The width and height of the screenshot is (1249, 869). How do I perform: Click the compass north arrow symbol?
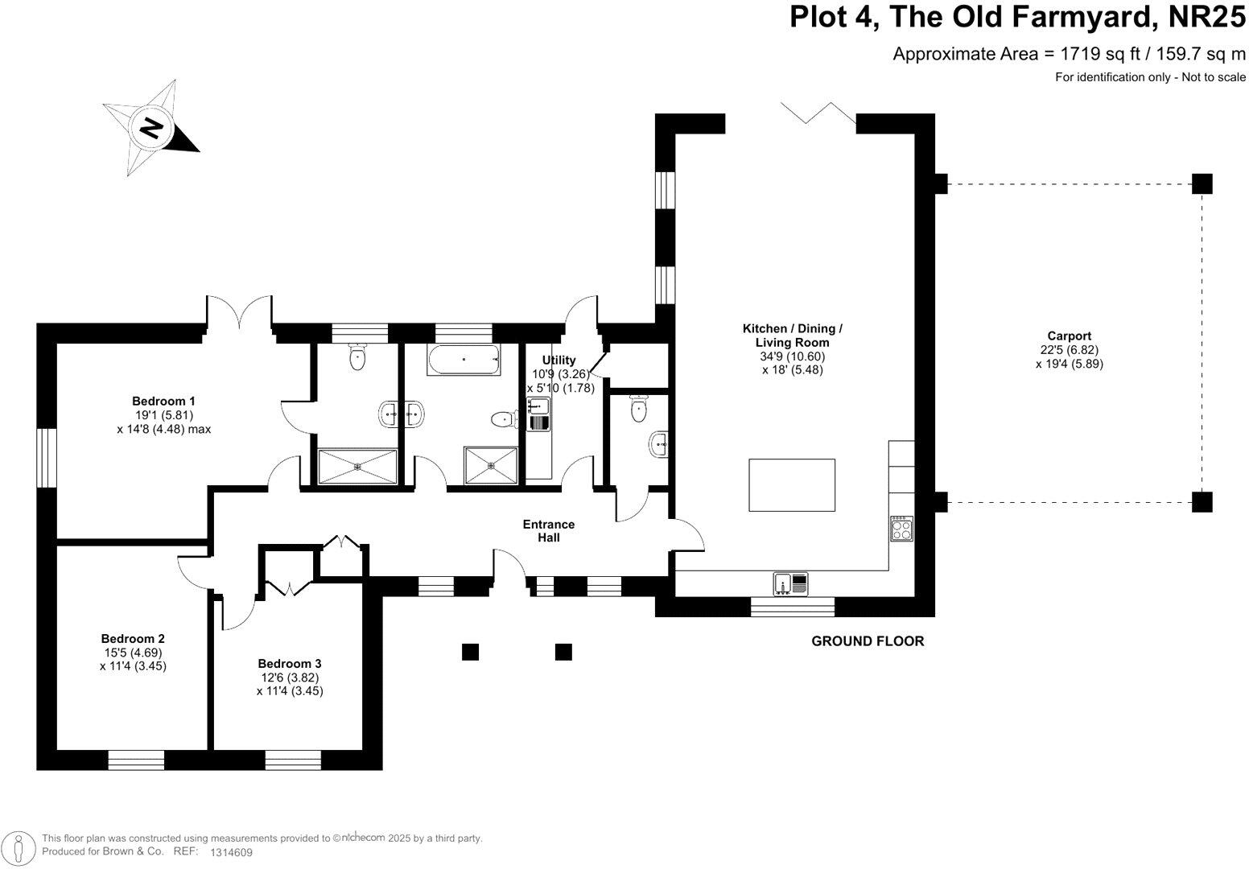[x=151, y=127]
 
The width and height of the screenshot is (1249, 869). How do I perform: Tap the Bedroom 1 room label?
[x=163, y=401]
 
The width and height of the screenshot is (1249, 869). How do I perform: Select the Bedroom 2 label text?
[x=133, y=639]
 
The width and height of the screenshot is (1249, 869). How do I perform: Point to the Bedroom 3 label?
[x=290, y=663]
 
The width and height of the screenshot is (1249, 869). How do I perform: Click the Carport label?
[x=1069, y=336]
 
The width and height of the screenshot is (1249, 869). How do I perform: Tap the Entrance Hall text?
[x=549, y=531]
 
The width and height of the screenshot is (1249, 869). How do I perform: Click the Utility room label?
[x=559, y=360]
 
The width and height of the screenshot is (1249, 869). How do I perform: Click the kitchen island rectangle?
[x=792, y=484]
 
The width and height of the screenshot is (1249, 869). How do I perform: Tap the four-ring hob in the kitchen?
[x=902, y=529]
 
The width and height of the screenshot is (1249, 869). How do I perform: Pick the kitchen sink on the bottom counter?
[x=791, y=583]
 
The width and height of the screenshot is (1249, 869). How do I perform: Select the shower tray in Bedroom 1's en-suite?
[x=358, y=467]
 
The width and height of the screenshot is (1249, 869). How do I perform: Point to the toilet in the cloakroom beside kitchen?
[x=639, y=408]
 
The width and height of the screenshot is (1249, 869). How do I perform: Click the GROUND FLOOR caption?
[x=868, y=641]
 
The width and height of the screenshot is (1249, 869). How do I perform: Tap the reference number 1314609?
[x=231, y=852]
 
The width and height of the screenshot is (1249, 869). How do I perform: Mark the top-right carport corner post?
[x=1202, y=183]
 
